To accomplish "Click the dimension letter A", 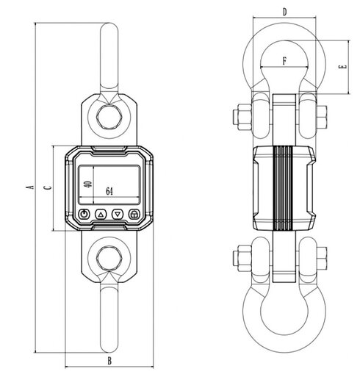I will [x=29, y=188].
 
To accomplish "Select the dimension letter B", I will [x=109, y=360].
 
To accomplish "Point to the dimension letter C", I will [x=48, y=188].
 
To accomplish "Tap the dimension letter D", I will [x=284, y=11].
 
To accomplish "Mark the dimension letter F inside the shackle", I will [x=284, y=62].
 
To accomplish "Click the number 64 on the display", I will [x=109, y=192].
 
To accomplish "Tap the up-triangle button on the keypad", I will [x=101, y=215].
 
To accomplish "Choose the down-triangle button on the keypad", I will [x=118, y=215].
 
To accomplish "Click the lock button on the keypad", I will [x=134, y=215].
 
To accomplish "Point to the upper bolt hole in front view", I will [x=109, y=116].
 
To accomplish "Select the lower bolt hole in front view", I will [x=109, y=258].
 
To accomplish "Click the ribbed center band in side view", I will [x=284, y=187].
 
